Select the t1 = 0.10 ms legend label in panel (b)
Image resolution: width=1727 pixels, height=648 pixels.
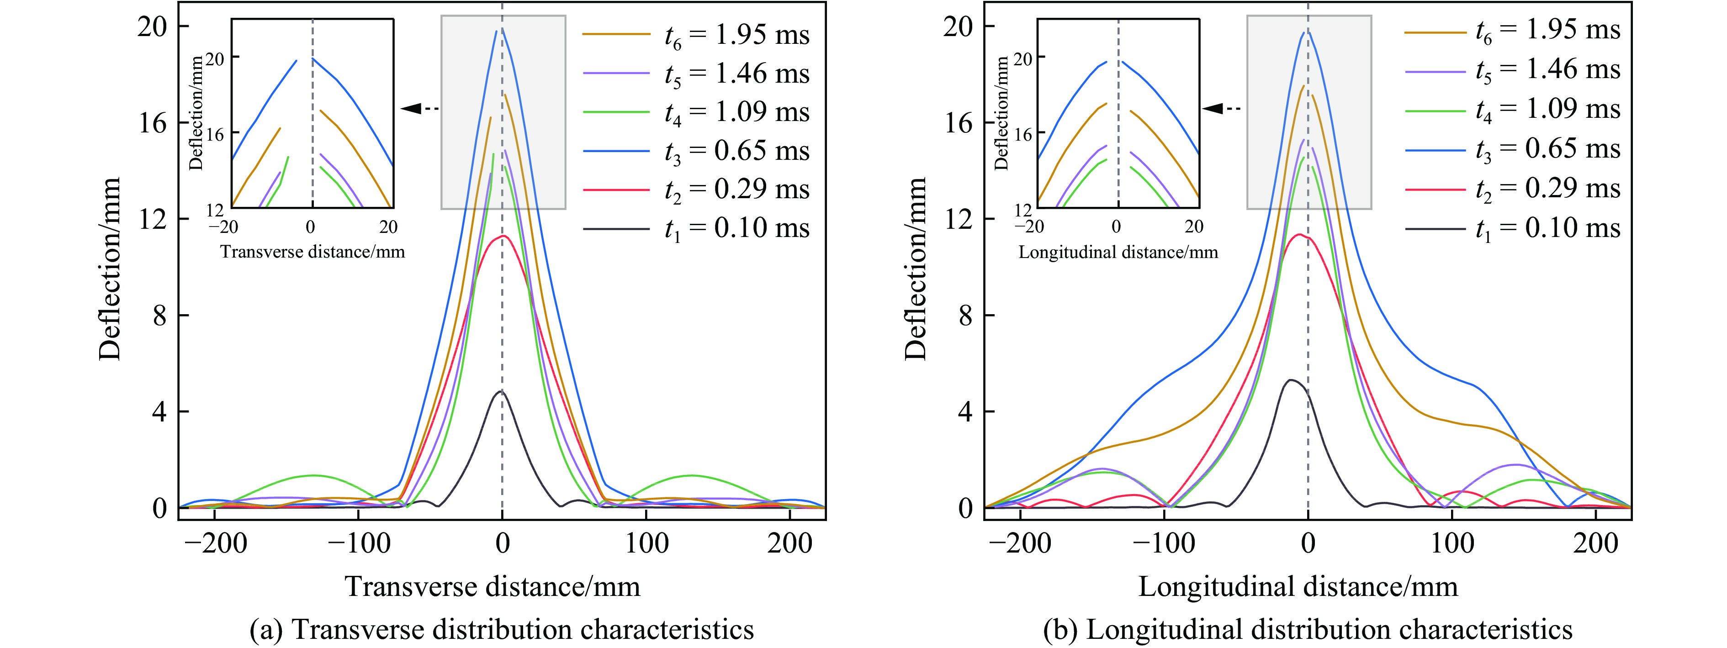click(1547, 228)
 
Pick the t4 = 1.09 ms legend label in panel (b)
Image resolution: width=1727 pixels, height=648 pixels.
click(1547, 109)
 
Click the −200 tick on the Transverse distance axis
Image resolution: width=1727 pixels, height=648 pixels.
click(215, 543)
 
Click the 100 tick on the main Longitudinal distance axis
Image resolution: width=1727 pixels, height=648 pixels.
click(1452, 543)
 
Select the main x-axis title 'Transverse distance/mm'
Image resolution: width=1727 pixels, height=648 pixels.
click(493, 586)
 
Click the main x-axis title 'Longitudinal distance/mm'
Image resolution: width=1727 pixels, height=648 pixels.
click(1298, 586)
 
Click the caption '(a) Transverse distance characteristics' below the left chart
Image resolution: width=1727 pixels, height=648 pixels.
click(502, 630)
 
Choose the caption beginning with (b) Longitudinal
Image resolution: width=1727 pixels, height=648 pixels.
click(1307, 630)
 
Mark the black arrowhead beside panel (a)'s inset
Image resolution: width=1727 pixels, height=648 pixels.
click(411, 108)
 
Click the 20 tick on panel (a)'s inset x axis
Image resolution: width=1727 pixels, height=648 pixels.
click(389, 227)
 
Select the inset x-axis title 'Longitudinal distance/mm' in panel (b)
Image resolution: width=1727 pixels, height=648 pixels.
click(1118, 253)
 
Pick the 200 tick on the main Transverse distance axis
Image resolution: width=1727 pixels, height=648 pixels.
click(790, 543)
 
